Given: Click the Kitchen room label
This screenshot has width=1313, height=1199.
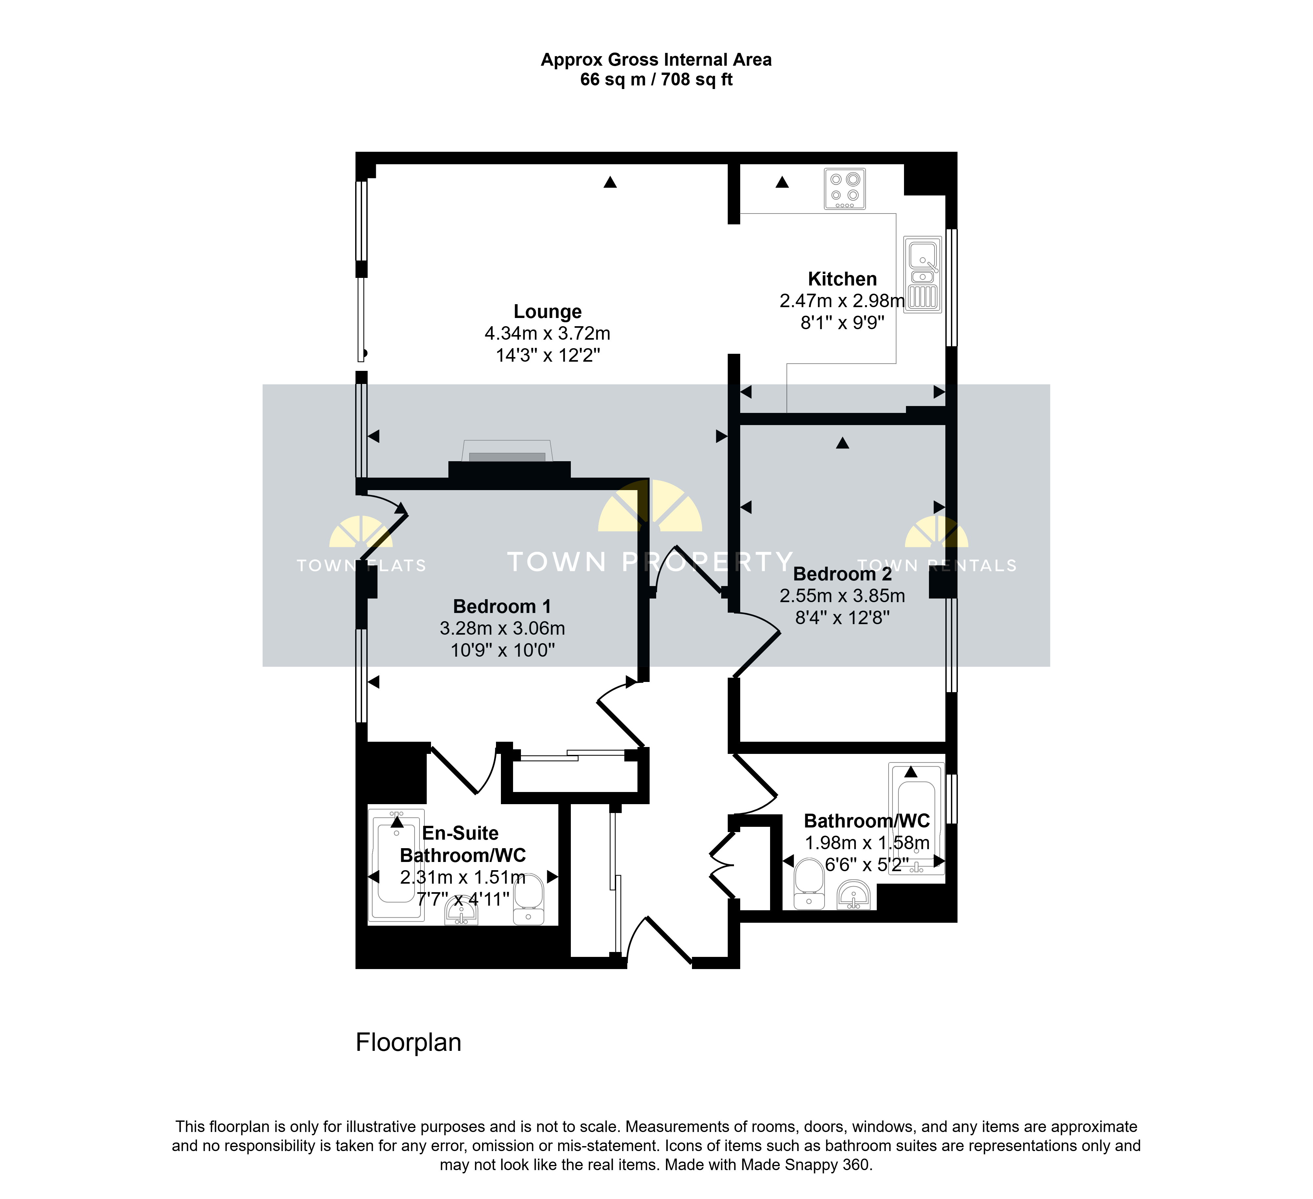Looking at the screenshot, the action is [842, 279].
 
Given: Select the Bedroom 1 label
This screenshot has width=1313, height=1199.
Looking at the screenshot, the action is [502, 607].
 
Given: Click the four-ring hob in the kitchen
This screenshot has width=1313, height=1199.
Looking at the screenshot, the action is [845, 189].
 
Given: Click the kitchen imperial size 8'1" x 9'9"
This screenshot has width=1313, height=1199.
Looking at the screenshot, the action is [842, 323].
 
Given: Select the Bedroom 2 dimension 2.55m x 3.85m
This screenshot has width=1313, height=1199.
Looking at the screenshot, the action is [842, 596].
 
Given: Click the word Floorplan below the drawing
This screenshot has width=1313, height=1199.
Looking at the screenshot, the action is [408, 1043].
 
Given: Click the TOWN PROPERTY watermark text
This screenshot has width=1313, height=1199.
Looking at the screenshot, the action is [650, 562].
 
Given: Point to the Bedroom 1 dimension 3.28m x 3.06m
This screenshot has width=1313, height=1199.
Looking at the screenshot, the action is [502, 628].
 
